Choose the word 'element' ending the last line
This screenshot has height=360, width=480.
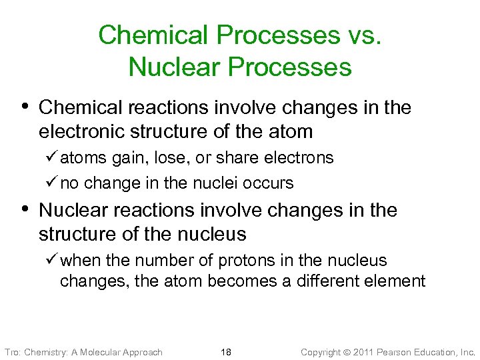pos(395,281)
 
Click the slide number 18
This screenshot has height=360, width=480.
pos(226,352)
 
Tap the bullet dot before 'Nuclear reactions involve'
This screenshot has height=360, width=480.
pos(25,209)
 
